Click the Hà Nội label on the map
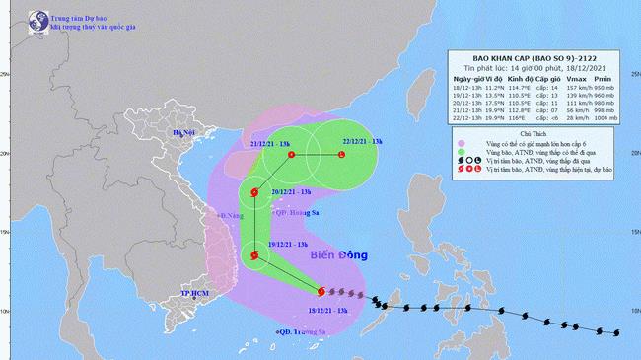(x=184, y=132)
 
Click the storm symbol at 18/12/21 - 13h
(x=320, y=291)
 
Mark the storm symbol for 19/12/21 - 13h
(x=255, y=256)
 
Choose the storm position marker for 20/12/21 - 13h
(x=255, y=193)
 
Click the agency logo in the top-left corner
(x=14, y=16)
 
